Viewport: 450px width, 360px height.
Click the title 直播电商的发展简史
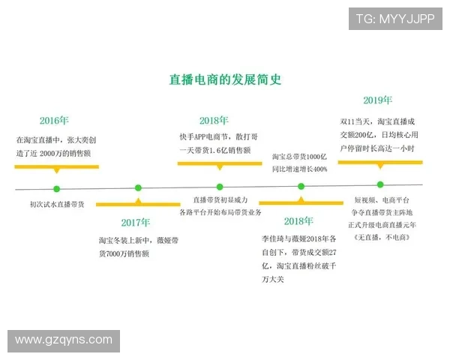pyautogui.click(x=225, y=79)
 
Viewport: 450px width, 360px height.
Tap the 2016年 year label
pyautogui.click(x=54, y=120)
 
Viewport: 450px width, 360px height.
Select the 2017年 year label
pyautogui.click(x=135, y=222)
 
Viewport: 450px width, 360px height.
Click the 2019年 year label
pyautogui.click(x=377, y=100)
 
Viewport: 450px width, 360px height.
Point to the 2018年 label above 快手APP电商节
pyautogui.click(x=214, y=120)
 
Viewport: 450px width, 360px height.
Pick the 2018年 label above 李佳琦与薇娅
pyautogui.click(x=298, y=221)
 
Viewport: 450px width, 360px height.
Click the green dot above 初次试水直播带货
pyautogui.click(x=56, y=188)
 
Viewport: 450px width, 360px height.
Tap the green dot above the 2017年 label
pyautogui.click(x=138, y=187)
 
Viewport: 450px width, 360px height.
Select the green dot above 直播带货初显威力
pyautogui.click(x=220, y=187)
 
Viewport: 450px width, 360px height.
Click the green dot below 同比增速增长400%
pyautogui.click(x=300, y=186)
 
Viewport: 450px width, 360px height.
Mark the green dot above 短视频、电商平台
pyautogui.click(x=380, y=184)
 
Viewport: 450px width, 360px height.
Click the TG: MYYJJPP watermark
pyautogui.click(x=394, y=19)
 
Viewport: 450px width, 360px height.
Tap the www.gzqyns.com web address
pyautogui.click(x=64, y=341)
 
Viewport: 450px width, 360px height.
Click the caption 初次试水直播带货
pyautogui.click(x=56, y=204)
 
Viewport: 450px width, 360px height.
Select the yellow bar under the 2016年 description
pyautogui.click(x=56, y=167)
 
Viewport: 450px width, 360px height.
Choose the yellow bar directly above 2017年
pyautogui.click(x=137, y=204)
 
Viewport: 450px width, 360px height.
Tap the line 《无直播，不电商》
pyautogui.click(x=383, y=236)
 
